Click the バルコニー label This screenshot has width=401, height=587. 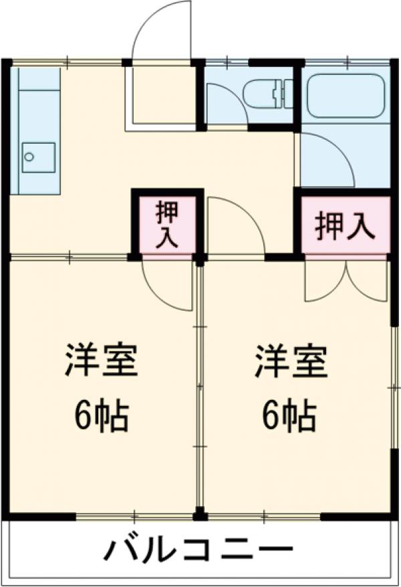(198, 552)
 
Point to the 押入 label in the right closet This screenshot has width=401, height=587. (344, 226)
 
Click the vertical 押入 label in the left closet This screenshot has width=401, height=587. (167, 225)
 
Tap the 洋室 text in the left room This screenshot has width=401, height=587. (101, 362)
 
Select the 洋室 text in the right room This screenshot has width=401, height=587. (290, 362)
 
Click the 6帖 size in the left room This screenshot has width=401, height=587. (101, 418)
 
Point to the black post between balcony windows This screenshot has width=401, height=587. (198, 515)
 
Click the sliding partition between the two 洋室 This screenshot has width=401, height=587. (199, 388)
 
